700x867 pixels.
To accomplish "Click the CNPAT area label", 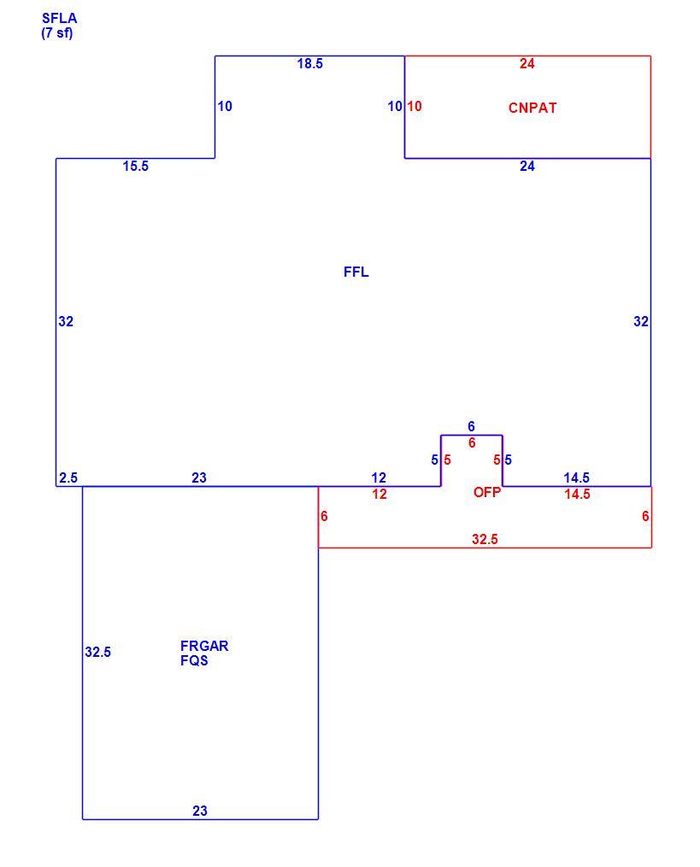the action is coord(532,108).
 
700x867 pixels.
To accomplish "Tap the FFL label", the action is coord(356,272).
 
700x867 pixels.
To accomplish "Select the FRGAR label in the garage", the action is coord(204,645).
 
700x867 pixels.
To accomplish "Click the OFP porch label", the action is coord(487,491).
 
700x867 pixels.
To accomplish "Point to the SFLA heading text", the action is coord(60,18).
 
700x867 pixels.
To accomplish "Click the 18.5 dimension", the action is coord(310,63).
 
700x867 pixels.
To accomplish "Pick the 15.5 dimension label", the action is coord(136,166).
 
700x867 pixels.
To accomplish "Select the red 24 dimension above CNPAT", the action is coord(526,63).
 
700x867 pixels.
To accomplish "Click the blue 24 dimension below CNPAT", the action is coord(526,166).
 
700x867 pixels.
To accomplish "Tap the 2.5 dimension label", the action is coord(68,477).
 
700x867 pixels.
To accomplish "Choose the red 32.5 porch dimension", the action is coord(485,538).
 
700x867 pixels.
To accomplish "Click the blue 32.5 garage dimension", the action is coord(98,652).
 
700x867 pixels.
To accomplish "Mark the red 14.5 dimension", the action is coord(577,494).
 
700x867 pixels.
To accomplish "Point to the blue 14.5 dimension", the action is coord(577,477).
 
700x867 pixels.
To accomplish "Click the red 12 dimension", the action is coord(379,494).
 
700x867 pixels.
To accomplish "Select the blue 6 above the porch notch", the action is coord(471,426).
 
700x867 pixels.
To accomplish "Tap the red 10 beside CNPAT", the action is coord(415,106).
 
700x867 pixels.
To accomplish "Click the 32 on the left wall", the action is coord(66,321).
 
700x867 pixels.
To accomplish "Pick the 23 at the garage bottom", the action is coord(200,811).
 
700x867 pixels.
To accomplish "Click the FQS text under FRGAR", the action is coord(194,660).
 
